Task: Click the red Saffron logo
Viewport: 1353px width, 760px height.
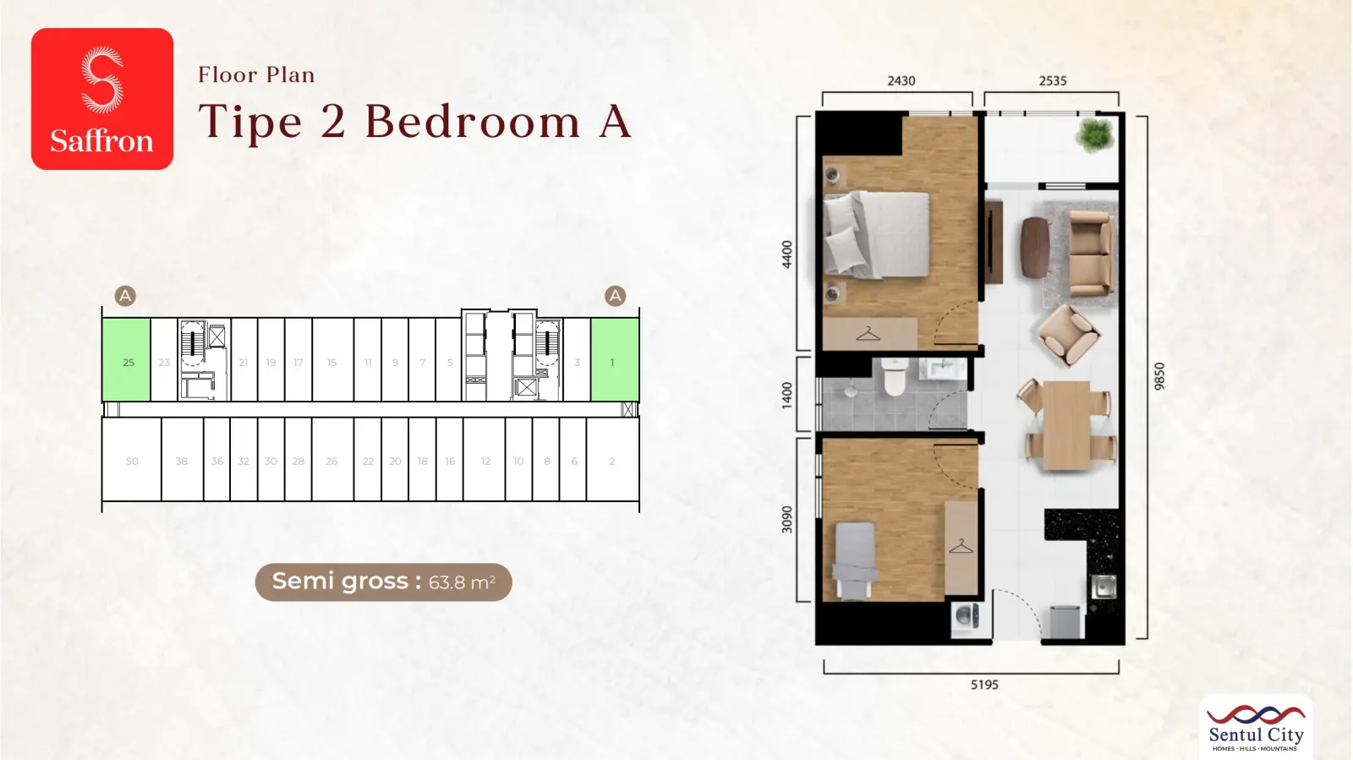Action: tap(102, 98)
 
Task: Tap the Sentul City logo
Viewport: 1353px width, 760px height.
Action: tap(1256, 727)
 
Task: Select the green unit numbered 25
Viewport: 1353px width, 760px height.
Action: tap(126, 360)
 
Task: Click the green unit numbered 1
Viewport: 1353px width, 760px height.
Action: tap(615, 360)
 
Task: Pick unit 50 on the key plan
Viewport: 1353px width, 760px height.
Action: tap(132, 459)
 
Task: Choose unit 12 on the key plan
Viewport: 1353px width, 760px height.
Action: tap(485, 459)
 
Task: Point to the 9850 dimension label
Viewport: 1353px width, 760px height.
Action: tap(1159, 376)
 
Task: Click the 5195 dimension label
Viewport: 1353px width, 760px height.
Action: tap(984, 685)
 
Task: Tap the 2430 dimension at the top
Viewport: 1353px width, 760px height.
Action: tap(901, 81)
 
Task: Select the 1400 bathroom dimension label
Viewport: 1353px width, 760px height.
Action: tap(786, 395)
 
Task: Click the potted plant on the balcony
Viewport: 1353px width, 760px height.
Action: tap(1094, 134)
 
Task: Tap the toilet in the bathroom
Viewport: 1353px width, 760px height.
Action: tap(894, 377)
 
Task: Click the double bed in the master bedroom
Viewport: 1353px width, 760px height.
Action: tap(876, 234)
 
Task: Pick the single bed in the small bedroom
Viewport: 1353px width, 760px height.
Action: tap(855, 560)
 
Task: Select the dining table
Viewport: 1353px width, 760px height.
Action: tap(1066, 425)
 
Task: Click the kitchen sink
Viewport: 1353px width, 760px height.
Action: tap(1104, 587)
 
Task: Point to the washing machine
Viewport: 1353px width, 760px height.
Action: tap(966, 617)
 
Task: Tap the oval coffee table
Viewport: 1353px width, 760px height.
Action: tap(1035, 248)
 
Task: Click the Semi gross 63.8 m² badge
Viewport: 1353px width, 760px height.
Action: tap(384, 582)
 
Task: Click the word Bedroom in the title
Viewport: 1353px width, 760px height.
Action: tap(473, 122)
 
